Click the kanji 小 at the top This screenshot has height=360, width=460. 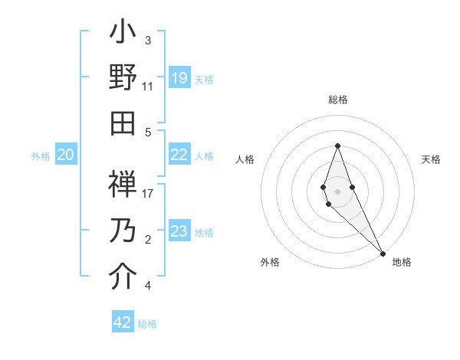pos(123,34)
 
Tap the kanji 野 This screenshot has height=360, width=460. pos(123,77)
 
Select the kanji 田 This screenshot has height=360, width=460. pos(123,122)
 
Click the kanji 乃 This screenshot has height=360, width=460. pos(123,232)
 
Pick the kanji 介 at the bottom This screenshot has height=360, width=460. pos(123,277)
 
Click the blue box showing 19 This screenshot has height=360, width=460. pos(179,77)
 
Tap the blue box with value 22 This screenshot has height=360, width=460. pos(179,155)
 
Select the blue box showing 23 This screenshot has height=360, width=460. pos(179,231)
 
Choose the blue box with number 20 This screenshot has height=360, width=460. pos(66,155)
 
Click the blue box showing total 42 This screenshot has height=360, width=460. pos(123,322)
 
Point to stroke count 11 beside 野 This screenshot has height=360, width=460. pos(147,87)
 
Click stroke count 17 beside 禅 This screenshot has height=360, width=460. pos(147,194)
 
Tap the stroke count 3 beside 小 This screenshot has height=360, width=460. pos(147,41)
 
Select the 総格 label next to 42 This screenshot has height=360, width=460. pos(147,324)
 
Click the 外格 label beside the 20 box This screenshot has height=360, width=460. pos(41,156)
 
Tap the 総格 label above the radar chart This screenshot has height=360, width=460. pos(337,100)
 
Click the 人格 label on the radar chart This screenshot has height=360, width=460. pos(245,159)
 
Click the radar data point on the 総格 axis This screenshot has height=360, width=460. pos(337,146)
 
